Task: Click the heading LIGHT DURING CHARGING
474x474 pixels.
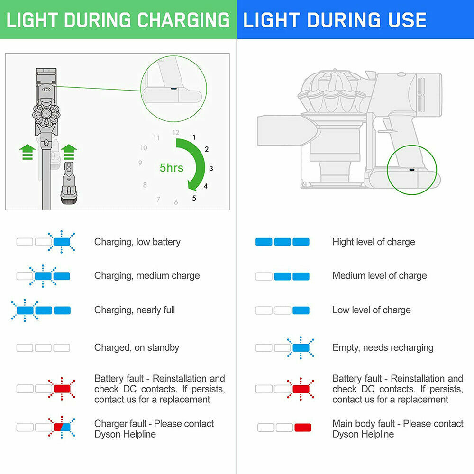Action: coord(118,20)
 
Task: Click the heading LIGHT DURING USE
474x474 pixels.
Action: coord(335,20)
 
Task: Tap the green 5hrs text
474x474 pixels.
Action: coord(171,168)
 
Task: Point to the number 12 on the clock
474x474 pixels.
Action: coord(176,133)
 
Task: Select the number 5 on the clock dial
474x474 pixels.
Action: coord(194,198)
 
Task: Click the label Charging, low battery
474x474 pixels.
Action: coord(137,242)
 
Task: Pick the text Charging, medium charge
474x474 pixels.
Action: coord(147,276)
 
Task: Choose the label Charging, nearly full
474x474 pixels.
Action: coord(135,310)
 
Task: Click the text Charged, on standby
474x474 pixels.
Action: coord(137,347)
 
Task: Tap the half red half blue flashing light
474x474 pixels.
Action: coord(62,427)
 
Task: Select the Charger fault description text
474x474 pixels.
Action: coord(154,428)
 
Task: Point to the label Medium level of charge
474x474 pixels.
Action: coord(379,276)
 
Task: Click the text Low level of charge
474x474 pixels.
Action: coord(371,310)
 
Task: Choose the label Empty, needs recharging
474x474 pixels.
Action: coord(383,347)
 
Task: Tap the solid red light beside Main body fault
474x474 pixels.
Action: coord(302,428)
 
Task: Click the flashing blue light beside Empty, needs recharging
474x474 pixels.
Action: coord(301,348)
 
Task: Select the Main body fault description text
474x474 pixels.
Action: coord(398,428)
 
